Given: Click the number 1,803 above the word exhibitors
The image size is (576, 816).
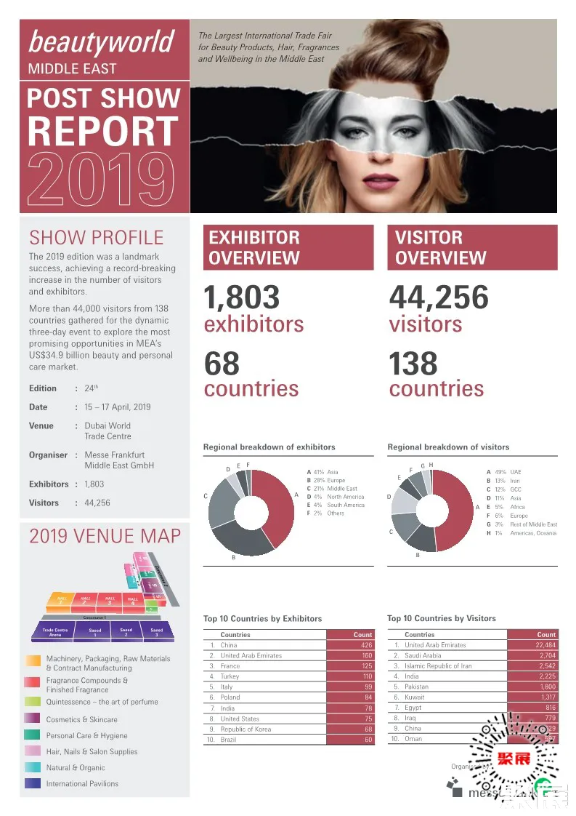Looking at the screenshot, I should point(241,298).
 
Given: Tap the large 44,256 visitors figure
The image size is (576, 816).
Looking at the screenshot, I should point(439,298).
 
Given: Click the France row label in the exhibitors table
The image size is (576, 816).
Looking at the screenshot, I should point(230,665).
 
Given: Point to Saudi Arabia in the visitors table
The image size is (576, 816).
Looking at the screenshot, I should point(423,655).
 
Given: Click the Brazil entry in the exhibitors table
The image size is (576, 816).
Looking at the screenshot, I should point(230,740).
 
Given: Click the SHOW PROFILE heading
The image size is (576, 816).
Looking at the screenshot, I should point(96,237).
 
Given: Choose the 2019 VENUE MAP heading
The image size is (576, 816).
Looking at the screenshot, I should point(105,537).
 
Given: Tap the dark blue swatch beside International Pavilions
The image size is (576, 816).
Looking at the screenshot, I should point(33,783).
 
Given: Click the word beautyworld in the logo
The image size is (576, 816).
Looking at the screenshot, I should point(101,42).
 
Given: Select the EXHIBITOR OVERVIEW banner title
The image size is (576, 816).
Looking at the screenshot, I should point(254,247).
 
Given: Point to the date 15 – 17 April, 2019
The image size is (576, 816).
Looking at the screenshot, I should point(118,407).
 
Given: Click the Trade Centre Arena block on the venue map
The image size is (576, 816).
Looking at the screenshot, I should point(55,632).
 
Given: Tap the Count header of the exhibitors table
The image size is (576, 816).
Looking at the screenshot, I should point(362,634).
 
